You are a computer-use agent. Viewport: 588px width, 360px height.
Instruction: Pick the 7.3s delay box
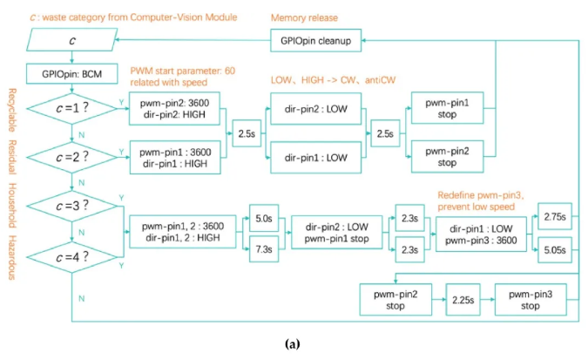click(x=261, y=250)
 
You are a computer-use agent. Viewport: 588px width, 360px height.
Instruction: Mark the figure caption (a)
click(x=293, y=344)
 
